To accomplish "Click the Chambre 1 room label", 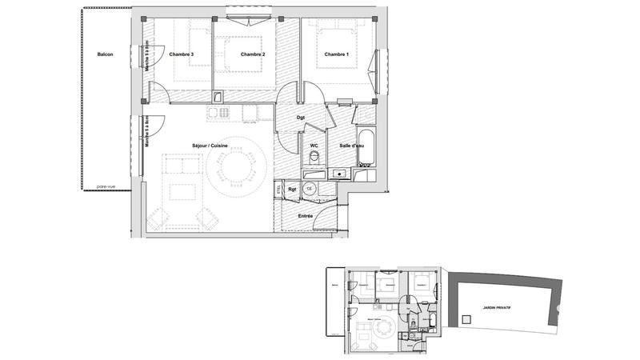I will pyautogui.click(x=336, y=54).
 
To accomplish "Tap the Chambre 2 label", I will pyautogui.click(x=252, y=54).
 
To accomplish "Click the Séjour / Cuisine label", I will pyautogui.click(x=210, y=145).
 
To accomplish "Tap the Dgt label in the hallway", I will pyautogui.click(x=301, y=118).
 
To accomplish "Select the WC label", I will pyautogui.click(x=314, y=145).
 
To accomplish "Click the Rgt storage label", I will pyautogui.click(x=293, y=190).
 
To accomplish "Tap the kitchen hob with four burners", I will pyautogui.click(x=215, y=113).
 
